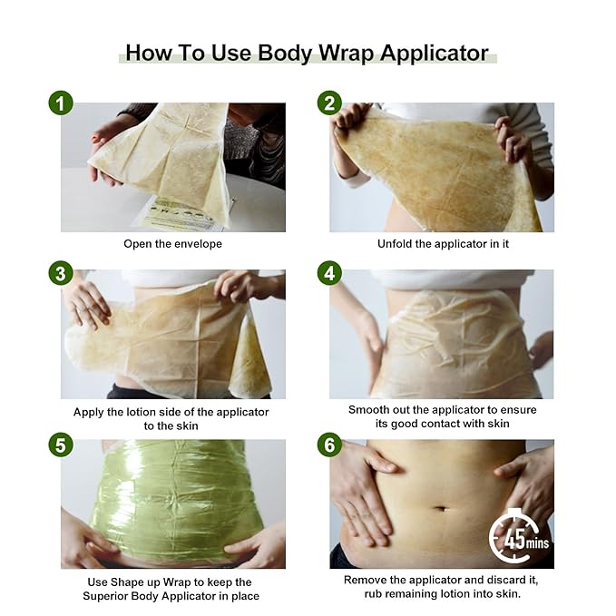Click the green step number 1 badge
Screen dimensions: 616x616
click(x=60, y=103)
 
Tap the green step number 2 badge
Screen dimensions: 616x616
click(x=328, y=103)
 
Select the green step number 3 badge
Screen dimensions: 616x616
click(x=60, y=273)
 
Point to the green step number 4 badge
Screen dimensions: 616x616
click(x=328, y=273)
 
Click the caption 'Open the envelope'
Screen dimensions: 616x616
click(x=172, y=244)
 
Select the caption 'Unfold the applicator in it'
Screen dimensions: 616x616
click(x=441, y=244)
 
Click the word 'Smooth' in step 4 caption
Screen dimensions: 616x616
click(x=370, y=410)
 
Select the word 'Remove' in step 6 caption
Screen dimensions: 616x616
click(x=367, y=580)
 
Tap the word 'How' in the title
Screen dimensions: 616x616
click(x=148, y=52)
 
